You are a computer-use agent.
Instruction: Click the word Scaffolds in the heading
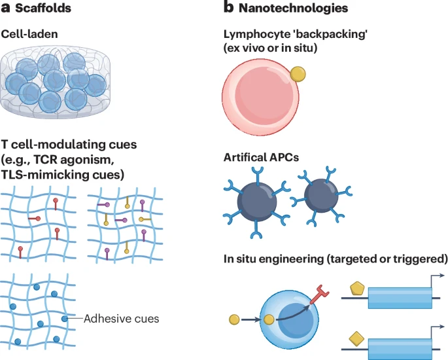point(43,8)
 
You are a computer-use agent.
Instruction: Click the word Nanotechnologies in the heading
point(293,8)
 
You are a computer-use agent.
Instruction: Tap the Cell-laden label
point(29,34)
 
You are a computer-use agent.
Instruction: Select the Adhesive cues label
point(121,319)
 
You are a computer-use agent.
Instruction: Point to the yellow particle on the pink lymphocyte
point(298,74)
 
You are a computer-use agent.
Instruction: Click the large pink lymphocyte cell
point(260,97)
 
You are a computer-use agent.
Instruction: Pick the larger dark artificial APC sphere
point(257,202)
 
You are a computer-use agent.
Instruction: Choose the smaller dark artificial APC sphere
point(321,196)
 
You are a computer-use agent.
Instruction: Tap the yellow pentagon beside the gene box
point(357,289)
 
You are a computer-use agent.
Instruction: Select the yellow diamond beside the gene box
point(356,339)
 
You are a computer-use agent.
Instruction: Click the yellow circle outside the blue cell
point(234,319)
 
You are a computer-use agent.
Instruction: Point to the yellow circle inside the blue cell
point(269,319)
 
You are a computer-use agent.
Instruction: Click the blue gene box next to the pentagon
point(400,298)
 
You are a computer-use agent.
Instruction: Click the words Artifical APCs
point(261,157)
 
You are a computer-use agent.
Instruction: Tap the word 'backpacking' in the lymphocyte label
point(331,34)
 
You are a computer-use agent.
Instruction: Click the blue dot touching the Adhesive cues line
point(65,318)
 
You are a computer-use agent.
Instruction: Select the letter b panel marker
point(228,7)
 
